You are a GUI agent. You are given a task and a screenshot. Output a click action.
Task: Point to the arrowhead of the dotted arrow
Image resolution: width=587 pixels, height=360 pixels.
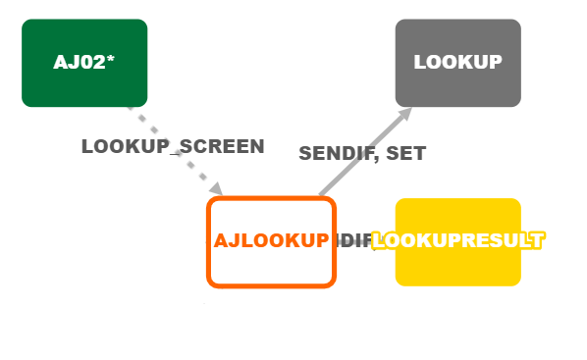(x=217, y=189)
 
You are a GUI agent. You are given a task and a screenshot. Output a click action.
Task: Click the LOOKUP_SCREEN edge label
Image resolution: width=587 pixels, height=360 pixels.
(x=173, y=147)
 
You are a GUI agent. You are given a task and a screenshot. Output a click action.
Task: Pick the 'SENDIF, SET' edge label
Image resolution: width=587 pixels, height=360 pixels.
(x=362, y=154)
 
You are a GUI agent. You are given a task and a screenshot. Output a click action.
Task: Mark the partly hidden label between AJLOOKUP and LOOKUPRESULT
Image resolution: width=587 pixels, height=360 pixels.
(x=354, y=241)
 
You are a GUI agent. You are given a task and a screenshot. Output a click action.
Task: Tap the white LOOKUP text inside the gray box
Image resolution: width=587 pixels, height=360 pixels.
(x=457, y=62)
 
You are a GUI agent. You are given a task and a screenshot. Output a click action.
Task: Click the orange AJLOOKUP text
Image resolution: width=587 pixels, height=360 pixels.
(x=271, y=240)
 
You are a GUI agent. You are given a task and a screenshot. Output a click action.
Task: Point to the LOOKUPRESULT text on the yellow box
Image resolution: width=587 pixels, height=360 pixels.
(x=457, y=240)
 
